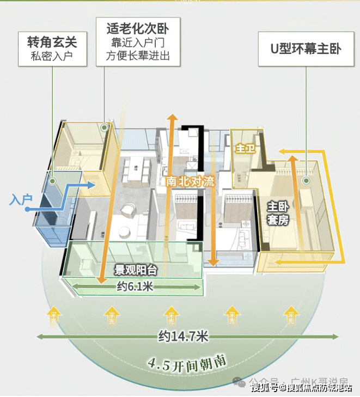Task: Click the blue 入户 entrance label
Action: click(20, 200)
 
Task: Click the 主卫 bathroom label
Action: click(242, 148)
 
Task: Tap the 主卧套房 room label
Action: click(278, 213)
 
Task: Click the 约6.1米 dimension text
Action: click(135, 287)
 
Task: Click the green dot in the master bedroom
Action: click(306, 180)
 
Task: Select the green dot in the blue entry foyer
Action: click(53, 180)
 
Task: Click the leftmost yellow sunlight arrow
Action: click(53, 315)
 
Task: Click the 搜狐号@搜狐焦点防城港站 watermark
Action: click(300, 388)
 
